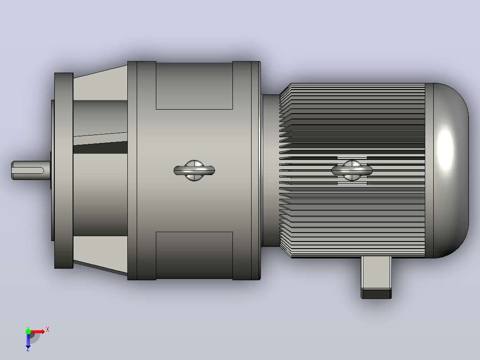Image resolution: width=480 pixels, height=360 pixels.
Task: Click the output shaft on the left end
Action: (31, 170)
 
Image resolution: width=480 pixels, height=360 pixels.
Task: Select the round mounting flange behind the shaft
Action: (64, 170)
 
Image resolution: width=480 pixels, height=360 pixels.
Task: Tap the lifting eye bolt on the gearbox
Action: (194, 170)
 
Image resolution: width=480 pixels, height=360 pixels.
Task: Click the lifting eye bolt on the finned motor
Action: (352, 170)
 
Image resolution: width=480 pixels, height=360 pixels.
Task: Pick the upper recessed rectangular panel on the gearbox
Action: (195, 86)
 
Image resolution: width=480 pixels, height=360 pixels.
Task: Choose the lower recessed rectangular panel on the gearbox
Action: (195, 255)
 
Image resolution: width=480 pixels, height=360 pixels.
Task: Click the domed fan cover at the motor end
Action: (447, 170)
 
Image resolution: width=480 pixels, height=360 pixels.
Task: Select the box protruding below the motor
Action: (376, 277)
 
